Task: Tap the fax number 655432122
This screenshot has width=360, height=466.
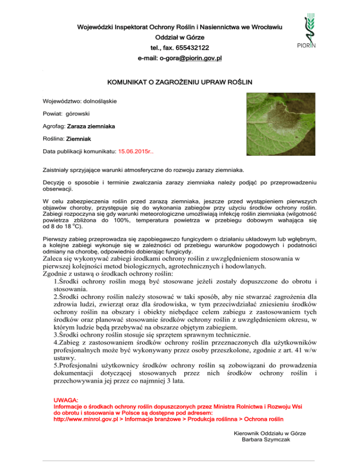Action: (193, 48)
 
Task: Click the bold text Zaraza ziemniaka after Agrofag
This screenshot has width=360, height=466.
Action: (92, 126)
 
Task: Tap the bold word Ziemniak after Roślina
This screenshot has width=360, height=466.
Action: (79, 139)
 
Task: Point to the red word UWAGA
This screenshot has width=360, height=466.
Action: (66, 399)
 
